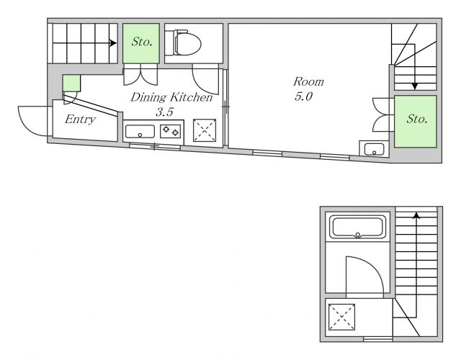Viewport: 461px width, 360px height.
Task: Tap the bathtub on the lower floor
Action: tap(357, 227)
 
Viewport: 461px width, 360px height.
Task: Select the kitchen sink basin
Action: tap(140, 131)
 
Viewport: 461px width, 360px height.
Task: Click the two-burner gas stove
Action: tap(171, 131)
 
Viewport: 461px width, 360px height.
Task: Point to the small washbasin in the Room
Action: tap(374, 149)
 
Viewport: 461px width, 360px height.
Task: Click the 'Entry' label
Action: tap(80, 120)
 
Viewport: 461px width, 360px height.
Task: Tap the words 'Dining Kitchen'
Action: tap(171, 97)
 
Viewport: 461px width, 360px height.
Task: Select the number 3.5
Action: tap(165, 112)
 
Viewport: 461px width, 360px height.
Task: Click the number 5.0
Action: tap(303, 96)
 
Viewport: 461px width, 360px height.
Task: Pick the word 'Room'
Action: tap(308, 81)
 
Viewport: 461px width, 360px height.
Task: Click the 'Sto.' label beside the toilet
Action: tap(142, 42)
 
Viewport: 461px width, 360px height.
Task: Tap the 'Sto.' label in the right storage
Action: tap(416, 119)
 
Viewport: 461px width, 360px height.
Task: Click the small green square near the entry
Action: tap(71, 84)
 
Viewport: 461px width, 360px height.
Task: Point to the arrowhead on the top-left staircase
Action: tap(113, 43)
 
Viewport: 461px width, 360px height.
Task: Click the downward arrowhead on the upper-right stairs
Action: tap(415, 86)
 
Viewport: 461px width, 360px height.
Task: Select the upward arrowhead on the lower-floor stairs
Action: tap(416, 215)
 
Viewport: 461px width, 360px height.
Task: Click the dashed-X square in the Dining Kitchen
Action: tap(205, 130)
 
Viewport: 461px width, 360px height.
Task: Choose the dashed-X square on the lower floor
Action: tap(341, 317)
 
